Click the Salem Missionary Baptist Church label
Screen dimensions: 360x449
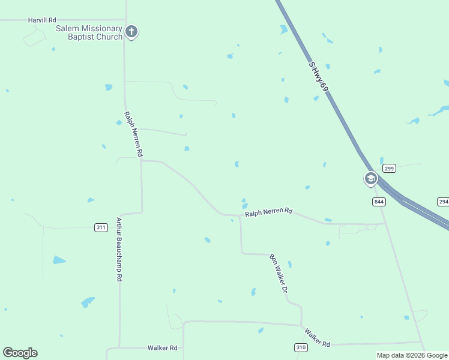tap(89, 32)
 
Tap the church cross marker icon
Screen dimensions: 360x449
tap(131, 31)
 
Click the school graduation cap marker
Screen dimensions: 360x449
tap(370, 178)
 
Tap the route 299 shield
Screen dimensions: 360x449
tap(389, 169)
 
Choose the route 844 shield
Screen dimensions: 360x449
tap(378, 202)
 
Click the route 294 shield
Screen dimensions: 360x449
tap(443, 202)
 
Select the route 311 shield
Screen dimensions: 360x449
tap(101, 227)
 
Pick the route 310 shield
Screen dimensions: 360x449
tap(301, 347)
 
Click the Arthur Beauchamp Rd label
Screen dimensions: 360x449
tap(119, 249)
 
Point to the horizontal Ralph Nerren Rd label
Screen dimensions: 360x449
tap(268, 212)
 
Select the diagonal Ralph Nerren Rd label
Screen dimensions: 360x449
tap(133, 134)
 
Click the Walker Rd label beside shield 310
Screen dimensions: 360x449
tap(317, 338)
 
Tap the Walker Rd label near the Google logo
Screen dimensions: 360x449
tap(163, 348)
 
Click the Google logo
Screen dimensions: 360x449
tap(20, 353)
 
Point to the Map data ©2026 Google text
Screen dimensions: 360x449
tap(412, 355)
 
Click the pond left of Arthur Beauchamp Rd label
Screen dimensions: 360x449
tap(59, 260)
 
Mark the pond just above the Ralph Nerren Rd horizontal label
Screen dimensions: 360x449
tap(244, 204)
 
